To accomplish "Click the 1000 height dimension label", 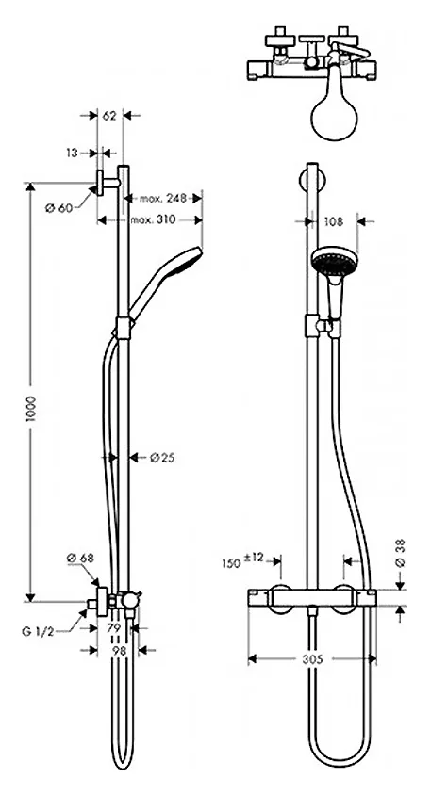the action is point(31,410).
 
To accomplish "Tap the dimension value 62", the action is point(109,116).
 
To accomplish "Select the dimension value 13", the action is point(72,153).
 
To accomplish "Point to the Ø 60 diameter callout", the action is point(58,207).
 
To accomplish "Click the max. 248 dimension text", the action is point(163,198).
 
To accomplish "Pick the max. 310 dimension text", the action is point(153,219).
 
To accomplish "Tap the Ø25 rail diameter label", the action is point(162,458).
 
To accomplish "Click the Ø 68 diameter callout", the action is point(80,558).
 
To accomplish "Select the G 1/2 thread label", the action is point(38,631).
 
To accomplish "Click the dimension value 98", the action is point(119,651).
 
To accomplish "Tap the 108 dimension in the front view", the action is point(333,221).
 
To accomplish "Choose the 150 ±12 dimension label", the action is point(242,560).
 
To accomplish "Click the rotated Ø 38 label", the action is point(401,553).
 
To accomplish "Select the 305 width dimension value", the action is point(312,658).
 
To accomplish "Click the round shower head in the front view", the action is point(334,259).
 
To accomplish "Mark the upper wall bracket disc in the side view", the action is point(100,184).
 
